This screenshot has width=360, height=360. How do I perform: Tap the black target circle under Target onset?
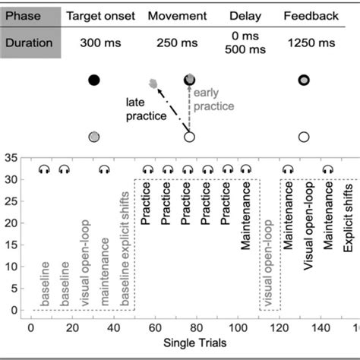[x=94, y=79]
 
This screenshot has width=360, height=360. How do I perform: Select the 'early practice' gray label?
[x=212, y=101]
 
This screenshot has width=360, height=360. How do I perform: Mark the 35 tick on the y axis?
[x=13, y=159]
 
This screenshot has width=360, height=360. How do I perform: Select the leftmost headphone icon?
[x=43, y=170]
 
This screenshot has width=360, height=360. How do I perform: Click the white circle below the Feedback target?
[x=303, y=137]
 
